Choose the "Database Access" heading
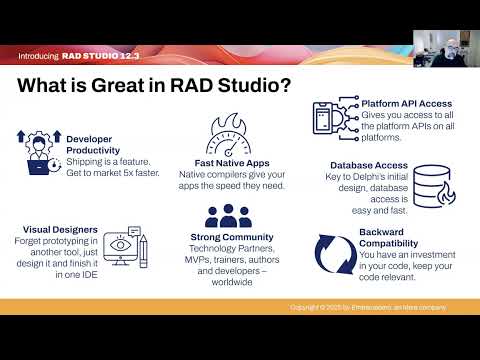click(368, 166)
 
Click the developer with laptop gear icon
click(39, 151)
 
